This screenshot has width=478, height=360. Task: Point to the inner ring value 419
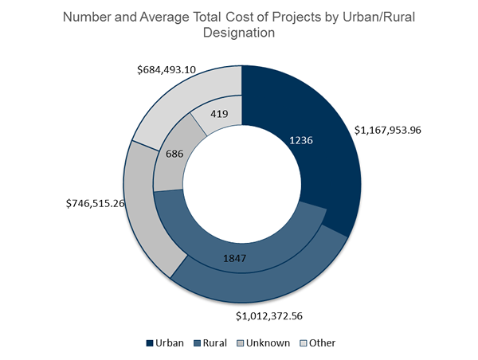pos(219,114)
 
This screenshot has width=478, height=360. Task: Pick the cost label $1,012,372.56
pos(280,316)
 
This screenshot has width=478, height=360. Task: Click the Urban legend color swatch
pos(150,343)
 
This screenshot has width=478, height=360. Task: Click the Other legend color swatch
pos(304,343)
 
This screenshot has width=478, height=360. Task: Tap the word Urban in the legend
pos(170,343)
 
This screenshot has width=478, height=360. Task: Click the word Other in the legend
pos(323,343)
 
